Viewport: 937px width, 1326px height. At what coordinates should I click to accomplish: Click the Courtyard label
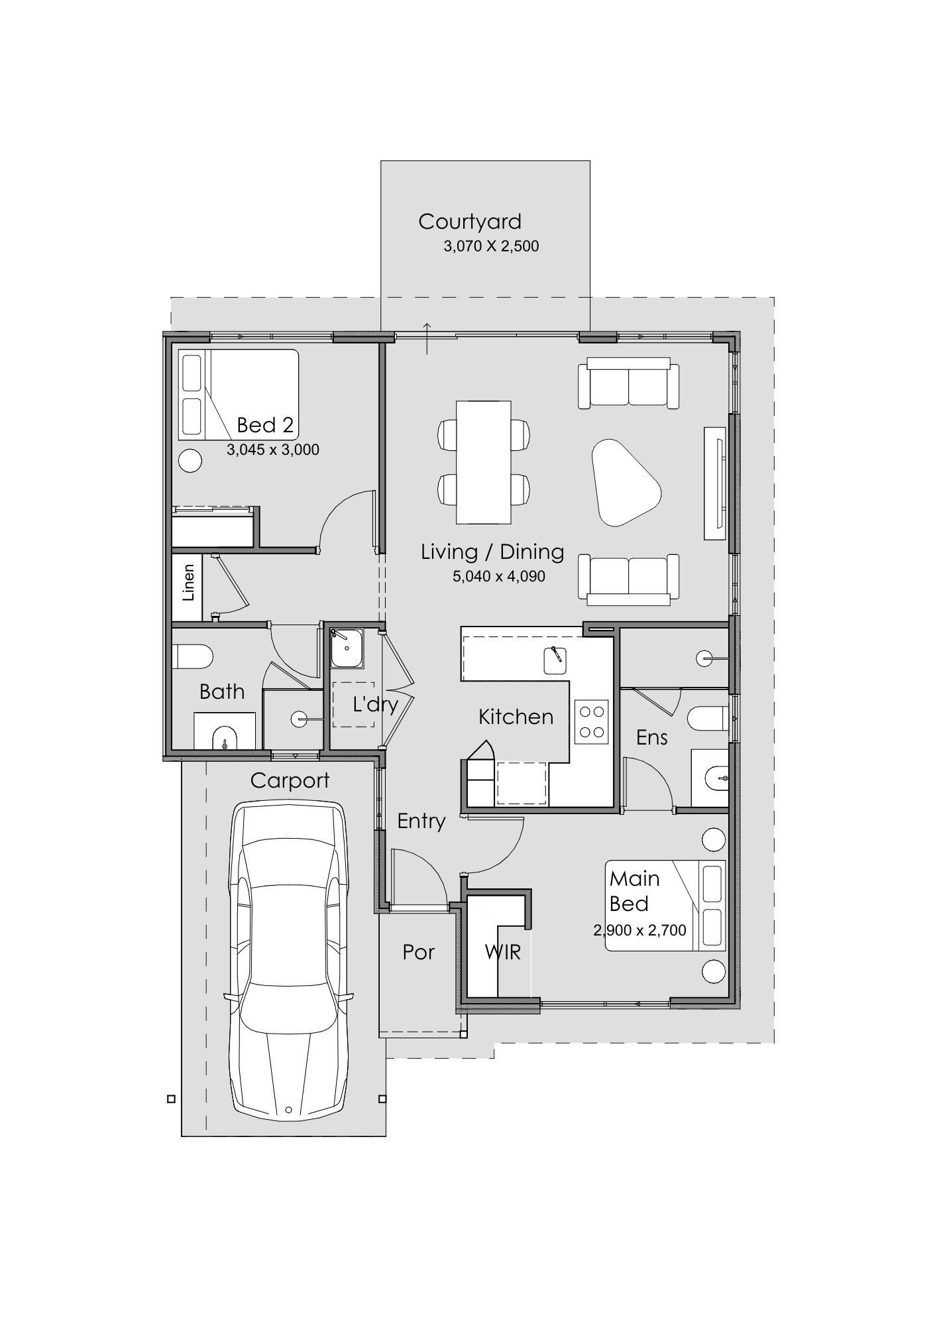(x=470, y=222)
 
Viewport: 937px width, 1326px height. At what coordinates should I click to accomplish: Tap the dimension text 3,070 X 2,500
(x=491, y=247)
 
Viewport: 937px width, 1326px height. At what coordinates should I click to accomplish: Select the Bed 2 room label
(x=265, y=424)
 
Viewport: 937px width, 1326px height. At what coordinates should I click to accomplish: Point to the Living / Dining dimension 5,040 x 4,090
(x=499, y=577)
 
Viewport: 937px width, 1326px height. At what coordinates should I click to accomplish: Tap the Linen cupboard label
(x=189, y=583)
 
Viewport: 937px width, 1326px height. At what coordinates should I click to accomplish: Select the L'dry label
(x=375, y=703)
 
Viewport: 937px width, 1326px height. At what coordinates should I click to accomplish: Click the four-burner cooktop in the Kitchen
(x=592, y=721)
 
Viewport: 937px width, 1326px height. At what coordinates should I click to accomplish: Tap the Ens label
(x=652, y=737)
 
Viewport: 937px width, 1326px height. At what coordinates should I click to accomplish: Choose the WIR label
(x=503, y=952)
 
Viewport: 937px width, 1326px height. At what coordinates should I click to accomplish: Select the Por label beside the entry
(x=419, y=952)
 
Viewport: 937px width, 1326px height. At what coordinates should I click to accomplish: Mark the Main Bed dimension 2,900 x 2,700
(x=640, y=931)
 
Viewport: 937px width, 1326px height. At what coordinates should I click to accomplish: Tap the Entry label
(x=421, y=821)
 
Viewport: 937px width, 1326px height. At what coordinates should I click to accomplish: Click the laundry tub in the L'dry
(x=347, y=648)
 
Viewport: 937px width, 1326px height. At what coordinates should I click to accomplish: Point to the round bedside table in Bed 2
(x=191, y=460)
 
